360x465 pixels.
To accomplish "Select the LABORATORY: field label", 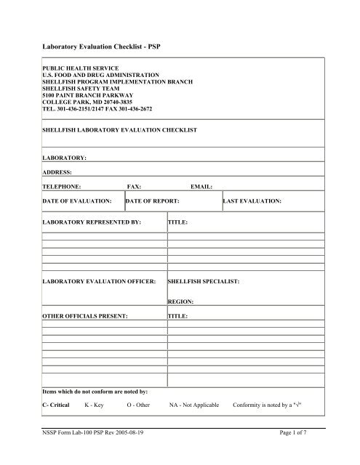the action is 65,156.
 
